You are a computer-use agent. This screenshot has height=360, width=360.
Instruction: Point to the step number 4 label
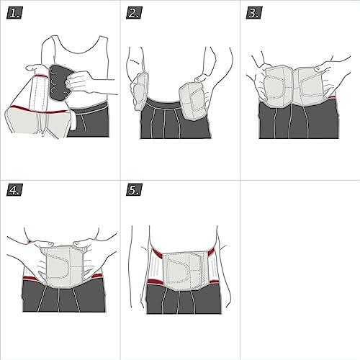click(15, 190)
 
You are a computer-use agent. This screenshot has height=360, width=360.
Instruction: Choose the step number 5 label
click(135, 190)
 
